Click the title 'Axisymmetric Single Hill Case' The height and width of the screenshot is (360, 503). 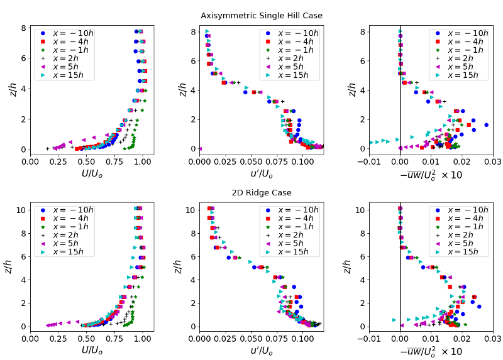tap(252, 16)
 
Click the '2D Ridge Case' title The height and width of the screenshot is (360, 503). tap(252, 192)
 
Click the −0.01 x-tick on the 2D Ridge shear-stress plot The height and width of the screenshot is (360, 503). tap(370, 339)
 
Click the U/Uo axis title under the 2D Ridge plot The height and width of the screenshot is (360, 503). tap(87, 350)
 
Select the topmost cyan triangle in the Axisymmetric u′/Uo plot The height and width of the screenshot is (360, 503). tap(207, 31)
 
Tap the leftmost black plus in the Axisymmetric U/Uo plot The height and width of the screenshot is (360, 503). tap(48, 149)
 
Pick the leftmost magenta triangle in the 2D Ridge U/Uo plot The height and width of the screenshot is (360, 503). tap(48, 325)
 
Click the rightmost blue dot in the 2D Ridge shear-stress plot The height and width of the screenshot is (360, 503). tap(479, 307)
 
